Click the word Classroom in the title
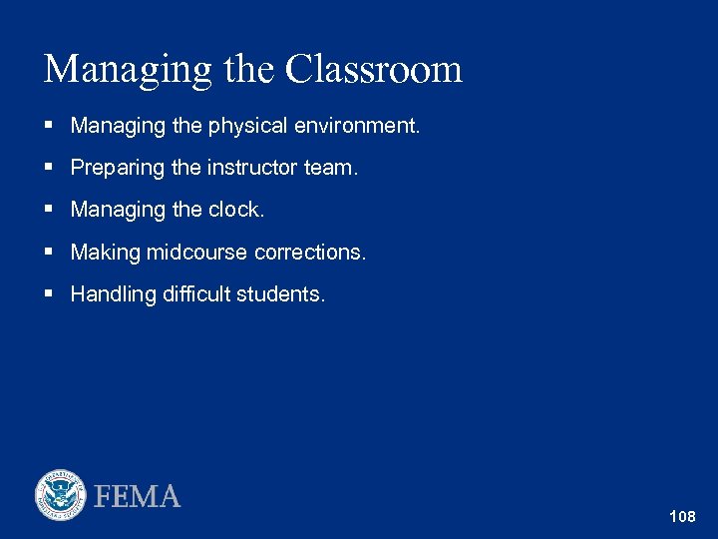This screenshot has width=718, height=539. tap(374, 69)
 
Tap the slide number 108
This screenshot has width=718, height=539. tap(683, 517)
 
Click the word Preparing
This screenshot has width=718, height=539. tap(119, 169)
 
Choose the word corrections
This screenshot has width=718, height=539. tap(310, 253)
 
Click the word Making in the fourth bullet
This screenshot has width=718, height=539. tap(106, 253)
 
